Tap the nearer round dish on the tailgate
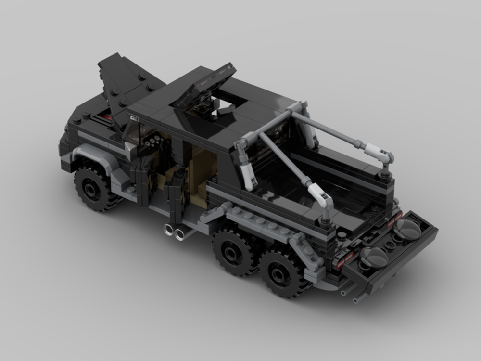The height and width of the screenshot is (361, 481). [375, 257]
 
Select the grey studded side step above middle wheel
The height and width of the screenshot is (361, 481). [255, 221]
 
